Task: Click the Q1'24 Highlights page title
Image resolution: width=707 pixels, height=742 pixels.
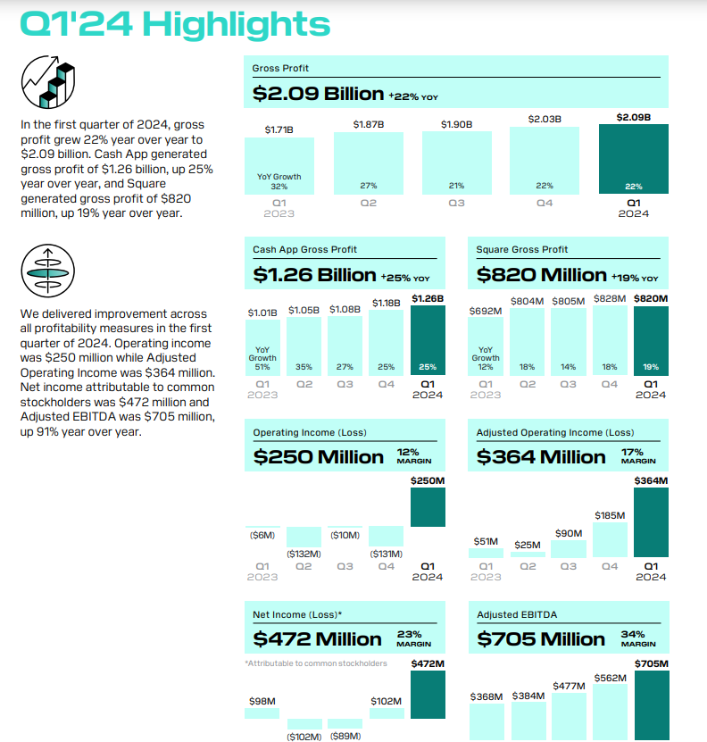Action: pos(175,24)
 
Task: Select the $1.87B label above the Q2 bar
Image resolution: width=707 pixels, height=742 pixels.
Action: pos(368,124)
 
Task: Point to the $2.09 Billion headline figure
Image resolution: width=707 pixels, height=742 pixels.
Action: pos(318,93)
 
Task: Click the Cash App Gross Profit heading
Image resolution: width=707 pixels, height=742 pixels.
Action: pos(304,249)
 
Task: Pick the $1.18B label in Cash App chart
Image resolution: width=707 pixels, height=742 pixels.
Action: pos(387,304)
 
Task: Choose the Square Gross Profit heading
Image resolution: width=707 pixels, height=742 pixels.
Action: pos(521,249)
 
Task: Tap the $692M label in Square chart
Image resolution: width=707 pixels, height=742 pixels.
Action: pos(486,312)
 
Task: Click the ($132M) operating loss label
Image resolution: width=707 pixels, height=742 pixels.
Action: pos(304,554)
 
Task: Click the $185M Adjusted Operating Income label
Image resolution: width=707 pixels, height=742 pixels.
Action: pos(610,515)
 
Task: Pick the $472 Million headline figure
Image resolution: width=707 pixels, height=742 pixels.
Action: pos(317,639)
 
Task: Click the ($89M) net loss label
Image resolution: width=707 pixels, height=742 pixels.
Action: pos(345,736)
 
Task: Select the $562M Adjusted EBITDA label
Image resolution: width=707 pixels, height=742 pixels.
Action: pos(610,679)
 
